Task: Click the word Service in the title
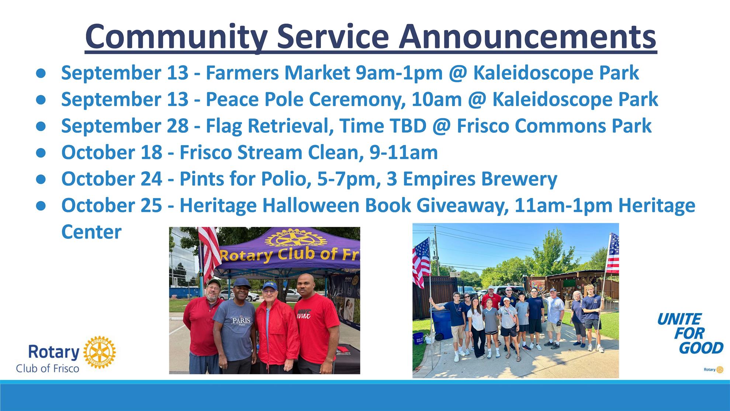pos(333,37)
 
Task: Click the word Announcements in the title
pos(527,37)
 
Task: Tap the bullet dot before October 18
pos(41,153)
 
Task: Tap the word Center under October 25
pos(91,232)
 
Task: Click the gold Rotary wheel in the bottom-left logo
pos(99,352)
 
